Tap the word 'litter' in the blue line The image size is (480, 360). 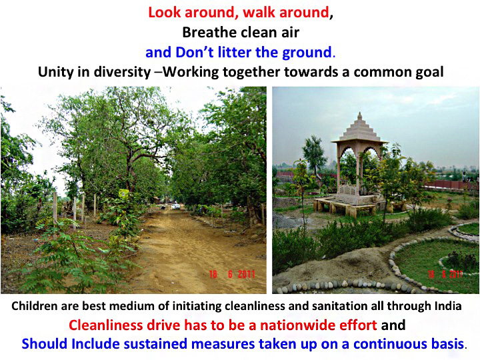[234, 53]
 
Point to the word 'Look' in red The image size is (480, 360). [165, 13]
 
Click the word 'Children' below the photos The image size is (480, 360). [34, 306]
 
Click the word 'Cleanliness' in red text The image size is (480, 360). [106, 325]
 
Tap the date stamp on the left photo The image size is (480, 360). [233, 274]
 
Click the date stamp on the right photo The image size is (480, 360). [445, 274]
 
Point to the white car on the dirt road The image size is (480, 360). [175, 206]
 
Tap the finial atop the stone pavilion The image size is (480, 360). [360, 116]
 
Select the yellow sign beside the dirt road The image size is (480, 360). [124, 193]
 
